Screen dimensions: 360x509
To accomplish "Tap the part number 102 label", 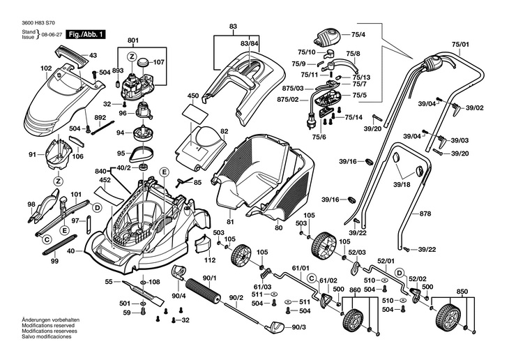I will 46,68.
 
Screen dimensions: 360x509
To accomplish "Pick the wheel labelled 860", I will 355,322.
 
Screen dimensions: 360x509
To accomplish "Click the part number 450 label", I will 192,95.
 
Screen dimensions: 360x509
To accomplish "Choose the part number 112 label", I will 210,261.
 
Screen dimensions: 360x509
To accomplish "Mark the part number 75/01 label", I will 460,45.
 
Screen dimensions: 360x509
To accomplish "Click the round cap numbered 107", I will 144,61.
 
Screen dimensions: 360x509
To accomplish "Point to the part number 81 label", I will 229,222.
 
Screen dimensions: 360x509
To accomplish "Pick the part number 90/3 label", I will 299,327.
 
